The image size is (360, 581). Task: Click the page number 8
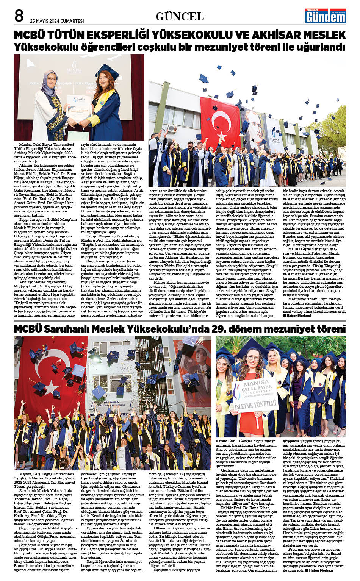(x=19, y=16)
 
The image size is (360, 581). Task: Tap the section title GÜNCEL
(x=180, y=17)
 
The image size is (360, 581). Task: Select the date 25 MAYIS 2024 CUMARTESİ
(x=57, y=21)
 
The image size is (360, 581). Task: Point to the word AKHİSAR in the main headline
(x=275, y=35)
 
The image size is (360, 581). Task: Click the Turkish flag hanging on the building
(x=220, y=121)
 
